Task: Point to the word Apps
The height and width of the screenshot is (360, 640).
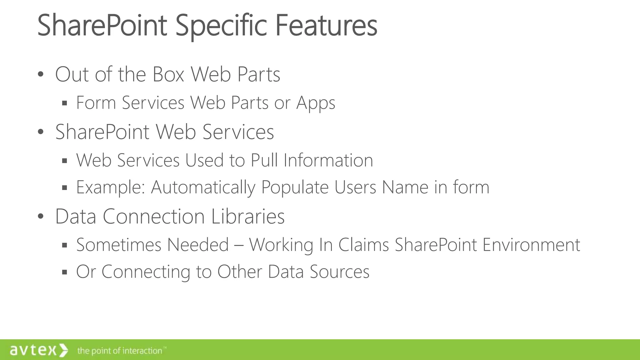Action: click(x=316, y=103)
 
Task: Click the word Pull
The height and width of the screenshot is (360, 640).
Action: click(x=264, y=160)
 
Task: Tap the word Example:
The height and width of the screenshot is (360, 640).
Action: click(x=111, y=187)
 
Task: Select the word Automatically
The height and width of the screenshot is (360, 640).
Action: click(x=203, y=187)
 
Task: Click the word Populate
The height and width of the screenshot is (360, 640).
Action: click(x=294, y=187)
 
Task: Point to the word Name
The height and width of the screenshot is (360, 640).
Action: click(x=405, y=187)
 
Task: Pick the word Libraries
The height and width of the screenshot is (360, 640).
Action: click(x=248, y=216)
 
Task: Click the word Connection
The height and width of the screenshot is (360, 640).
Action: click(x=153, y=216)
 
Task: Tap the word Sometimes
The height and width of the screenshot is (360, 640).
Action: click(x=118, y=245)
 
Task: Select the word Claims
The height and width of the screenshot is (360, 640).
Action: click(x=363, y=245)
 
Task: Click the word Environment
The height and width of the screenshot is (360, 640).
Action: click(x=531, y=245)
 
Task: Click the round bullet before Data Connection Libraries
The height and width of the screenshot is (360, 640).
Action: click(x=40, y=217)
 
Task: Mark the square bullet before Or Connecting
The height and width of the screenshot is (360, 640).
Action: click(x=65, y=272)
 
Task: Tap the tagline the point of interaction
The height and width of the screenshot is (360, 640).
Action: click(x=120, y=351)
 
